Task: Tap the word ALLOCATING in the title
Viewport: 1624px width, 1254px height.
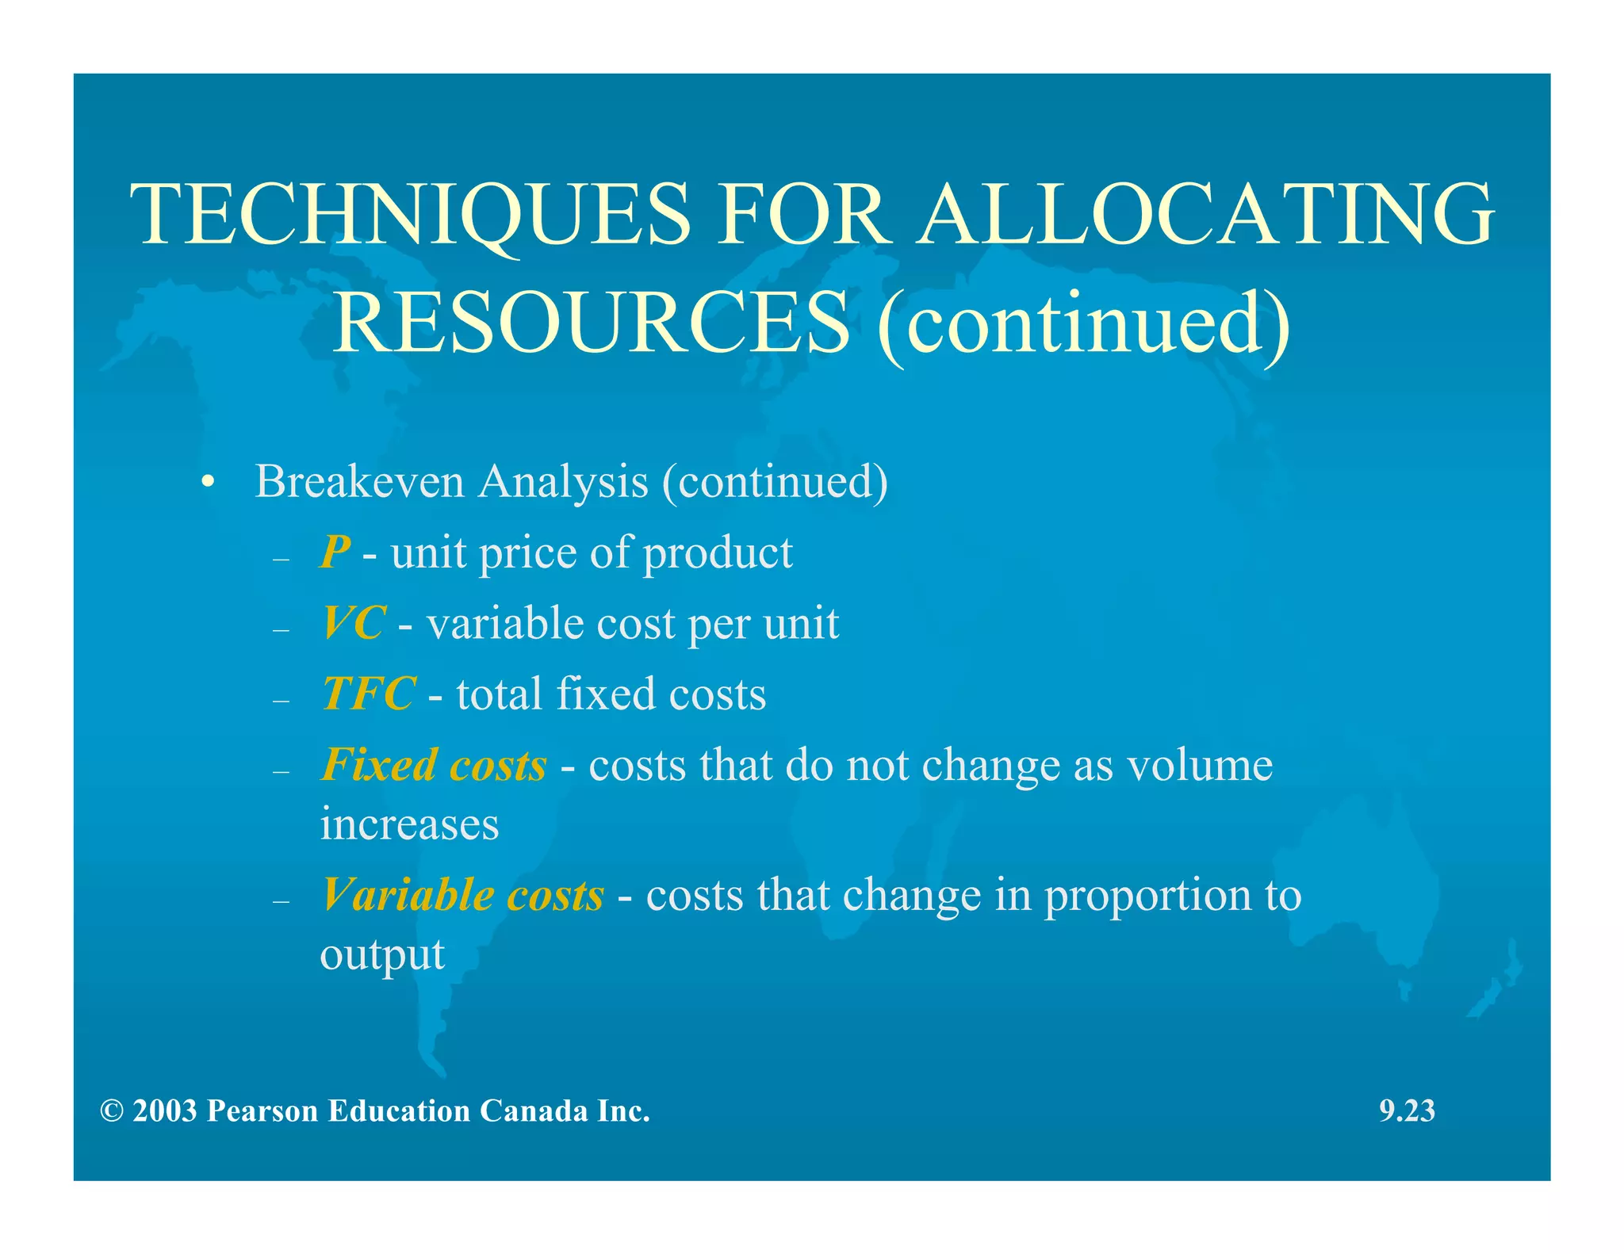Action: pyautogui.click(x=1205, y=215)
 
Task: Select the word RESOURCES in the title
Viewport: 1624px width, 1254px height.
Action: pyautogui.click(x=591, y=323)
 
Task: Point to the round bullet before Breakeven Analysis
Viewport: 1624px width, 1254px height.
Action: pyautogui.click(x=208, y=483)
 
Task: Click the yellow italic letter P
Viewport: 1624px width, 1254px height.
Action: pyautogui.click(x=335, y=552)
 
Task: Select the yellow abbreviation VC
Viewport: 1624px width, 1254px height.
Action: pyautogui.click(x=354, y=623)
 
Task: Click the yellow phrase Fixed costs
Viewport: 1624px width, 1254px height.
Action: pyautogui.click(x=434, y=765)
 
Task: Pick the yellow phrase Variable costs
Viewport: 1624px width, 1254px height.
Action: pyautogui.click(x=462, y=895)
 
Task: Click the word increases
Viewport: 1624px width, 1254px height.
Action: pyautogui.click(x=409, y=824)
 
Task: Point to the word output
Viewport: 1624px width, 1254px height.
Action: pyautogui.click(x=381, y=954)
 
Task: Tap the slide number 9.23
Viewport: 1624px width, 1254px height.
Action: pyautogui.click(x=1407, y=1111)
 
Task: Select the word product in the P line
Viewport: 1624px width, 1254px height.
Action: pyautogui.click(x=718, y=553)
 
